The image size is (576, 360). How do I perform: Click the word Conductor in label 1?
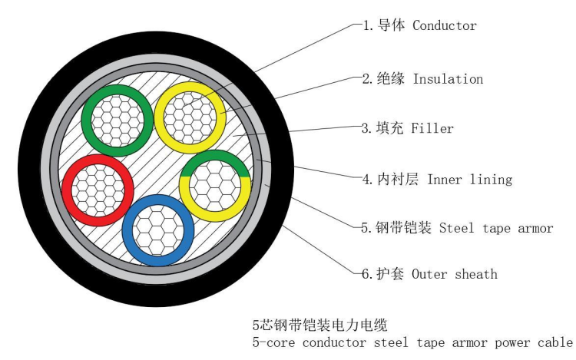[x=445, y=25]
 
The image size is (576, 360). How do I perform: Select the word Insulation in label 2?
[x=448, y=79]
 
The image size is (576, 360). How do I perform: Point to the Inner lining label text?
[x=469, y=180]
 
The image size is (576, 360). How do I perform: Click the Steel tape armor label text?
[x=497, y=228]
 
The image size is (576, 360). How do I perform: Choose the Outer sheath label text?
[x=455, y=274]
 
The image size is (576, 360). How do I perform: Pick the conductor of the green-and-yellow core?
[x=215, y=184]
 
